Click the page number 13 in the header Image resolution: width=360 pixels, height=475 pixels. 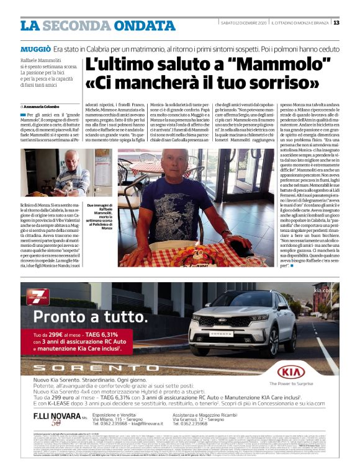[336, 23]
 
